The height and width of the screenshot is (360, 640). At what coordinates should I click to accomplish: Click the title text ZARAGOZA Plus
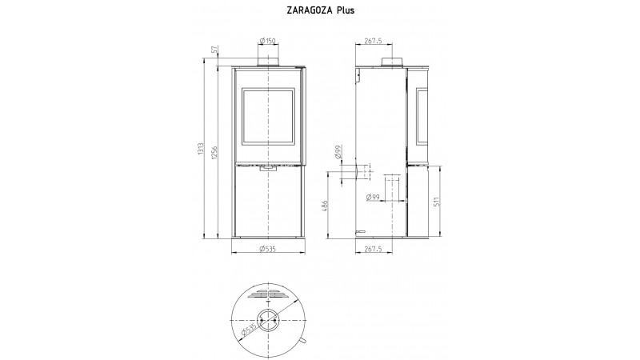[x=321, y=10]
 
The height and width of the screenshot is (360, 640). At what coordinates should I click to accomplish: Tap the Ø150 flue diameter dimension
[x=268, y=41]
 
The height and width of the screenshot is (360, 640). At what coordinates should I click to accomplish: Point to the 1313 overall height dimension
[x=201, y=150]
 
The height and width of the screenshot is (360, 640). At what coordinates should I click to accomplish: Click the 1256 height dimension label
[x=215, y=153]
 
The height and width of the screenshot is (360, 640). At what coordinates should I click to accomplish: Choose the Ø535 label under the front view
[x=268, y=249]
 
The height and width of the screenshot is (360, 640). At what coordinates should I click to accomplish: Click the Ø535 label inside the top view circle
[x=249, y=330]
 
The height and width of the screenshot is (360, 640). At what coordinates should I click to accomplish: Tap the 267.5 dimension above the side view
[x=373, y=41]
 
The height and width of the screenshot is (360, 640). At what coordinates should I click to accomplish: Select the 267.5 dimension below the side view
[x=373, y=249]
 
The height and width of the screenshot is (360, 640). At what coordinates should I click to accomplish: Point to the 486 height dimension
[x=325, y=206]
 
